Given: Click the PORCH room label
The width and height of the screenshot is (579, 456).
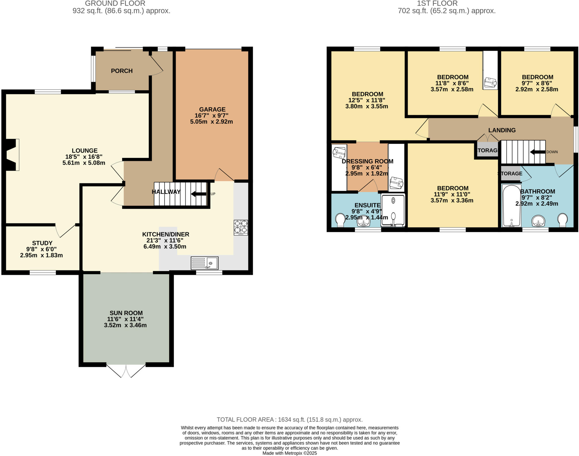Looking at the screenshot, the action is (122, 71).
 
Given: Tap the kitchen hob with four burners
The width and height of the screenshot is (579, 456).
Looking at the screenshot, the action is (241, 228).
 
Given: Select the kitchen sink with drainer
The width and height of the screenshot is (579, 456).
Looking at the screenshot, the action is (205, 263).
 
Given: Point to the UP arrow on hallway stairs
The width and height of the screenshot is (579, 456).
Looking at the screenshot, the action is (199, 194).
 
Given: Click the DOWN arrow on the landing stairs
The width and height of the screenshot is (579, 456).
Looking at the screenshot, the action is (538, 152).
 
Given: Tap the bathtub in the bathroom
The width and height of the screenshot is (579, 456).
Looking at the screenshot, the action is (512, 206).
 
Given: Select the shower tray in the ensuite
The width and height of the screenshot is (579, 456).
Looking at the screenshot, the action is (393, 210).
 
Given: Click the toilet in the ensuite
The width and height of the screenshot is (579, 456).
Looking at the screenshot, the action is (340, 220).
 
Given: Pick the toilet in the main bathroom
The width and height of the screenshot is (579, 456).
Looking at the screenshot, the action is (562, 220).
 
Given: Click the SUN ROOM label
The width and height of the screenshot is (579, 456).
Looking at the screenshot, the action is (126, 313).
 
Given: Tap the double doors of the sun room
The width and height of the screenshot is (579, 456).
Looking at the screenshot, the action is (126, 371).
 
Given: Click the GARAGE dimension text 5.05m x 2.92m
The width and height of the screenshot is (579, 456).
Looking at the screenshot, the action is (211, 122).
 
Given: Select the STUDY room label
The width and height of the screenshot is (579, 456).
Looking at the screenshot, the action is (42, 243).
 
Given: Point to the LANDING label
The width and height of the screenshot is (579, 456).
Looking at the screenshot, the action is (502, 130).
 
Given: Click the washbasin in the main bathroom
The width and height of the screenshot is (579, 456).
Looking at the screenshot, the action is (539, 221).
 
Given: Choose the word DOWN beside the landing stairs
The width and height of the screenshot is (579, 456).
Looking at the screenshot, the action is (552, 152).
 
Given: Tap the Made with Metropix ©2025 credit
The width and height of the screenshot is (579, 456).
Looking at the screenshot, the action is (290, 453).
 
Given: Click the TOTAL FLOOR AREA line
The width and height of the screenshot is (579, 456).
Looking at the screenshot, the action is (290, 419).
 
